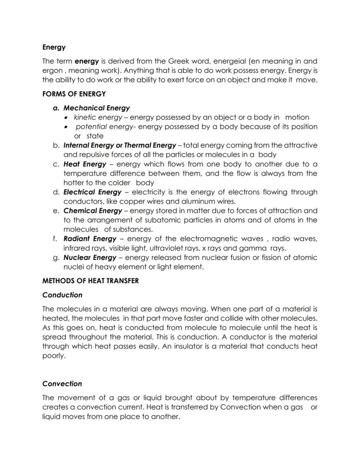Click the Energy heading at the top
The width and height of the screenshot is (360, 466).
coord(54,47)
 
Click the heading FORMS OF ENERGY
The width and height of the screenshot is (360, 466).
coord(74,94)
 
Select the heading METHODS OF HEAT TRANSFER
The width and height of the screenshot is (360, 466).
coord(90,281)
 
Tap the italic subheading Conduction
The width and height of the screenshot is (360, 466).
coord(62,295)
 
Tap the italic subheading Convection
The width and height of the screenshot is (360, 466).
coord(62,384)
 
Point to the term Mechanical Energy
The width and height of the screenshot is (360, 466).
coord(97,108)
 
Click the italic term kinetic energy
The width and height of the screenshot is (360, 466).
coord(98,117)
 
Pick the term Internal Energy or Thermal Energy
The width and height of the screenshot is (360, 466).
coord(120,145)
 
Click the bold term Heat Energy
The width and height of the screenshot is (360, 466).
coord(85,164)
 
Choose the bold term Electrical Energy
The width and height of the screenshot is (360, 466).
coord(92,192)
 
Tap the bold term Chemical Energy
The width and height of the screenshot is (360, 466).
coord(93,211)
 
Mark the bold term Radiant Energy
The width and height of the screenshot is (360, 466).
coord(90,239)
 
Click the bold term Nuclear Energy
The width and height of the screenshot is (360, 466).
coord(90,258)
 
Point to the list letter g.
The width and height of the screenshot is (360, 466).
coord(56,258)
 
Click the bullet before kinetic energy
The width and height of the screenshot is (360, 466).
coord(66,117)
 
